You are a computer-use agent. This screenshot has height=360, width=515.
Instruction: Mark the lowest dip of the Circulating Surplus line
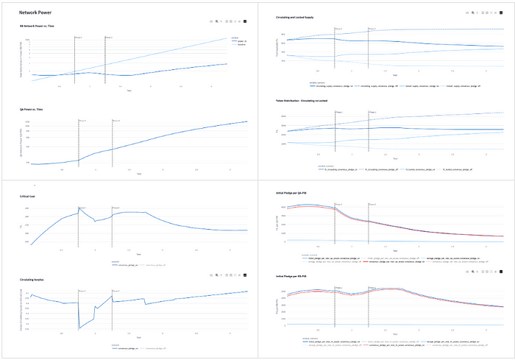click(x=79, y=328)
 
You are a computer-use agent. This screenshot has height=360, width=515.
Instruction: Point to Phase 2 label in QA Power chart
click(x=116, y=120)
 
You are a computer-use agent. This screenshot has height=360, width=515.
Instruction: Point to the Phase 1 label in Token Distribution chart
click(x=338, y=113)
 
